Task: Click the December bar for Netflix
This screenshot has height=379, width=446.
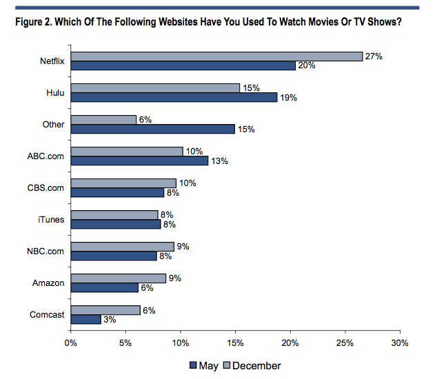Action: [216, 57]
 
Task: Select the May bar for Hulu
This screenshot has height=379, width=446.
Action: [174, 97]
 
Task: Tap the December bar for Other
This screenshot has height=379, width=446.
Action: [103, 120]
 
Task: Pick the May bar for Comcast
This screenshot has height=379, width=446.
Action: [85, 319]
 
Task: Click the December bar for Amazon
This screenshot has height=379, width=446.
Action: [118, 278]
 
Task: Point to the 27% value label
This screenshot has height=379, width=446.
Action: [374, 56]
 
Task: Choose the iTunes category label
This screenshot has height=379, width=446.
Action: [52, 220]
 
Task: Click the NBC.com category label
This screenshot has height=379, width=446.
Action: [47, 252]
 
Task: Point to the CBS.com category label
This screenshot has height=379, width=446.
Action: [47, 188]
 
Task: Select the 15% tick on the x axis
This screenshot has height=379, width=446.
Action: [235, 343]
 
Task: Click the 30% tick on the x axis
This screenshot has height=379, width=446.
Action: [400, 343]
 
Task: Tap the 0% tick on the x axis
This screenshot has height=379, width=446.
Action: [70, 343]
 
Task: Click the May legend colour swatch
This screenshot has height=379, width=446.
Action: [192, 366]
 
